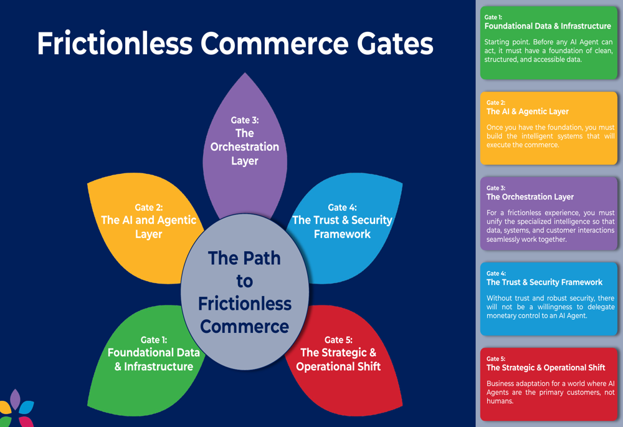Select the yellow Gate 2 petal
point(148,221)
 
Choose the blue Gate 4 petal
point(343,221)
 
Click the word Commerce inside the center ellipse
point(244,327)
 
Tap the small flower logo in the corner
point(16,408)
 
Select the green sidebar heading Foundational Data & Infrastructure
point(548,26)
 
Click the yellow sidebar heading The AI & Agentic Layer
point(527,112)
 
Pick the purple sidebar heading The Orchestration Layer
point(530,196)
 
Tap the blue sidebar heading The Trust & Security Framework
point(544,282)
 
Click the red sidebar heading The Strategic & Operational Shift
point(545,367)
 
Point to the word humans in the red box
point(500,401)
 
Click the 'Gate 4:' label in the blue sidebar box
point(496,273)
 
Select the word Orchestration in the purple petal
point(245,147)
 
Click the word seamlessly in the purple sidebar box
point(507,239)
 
